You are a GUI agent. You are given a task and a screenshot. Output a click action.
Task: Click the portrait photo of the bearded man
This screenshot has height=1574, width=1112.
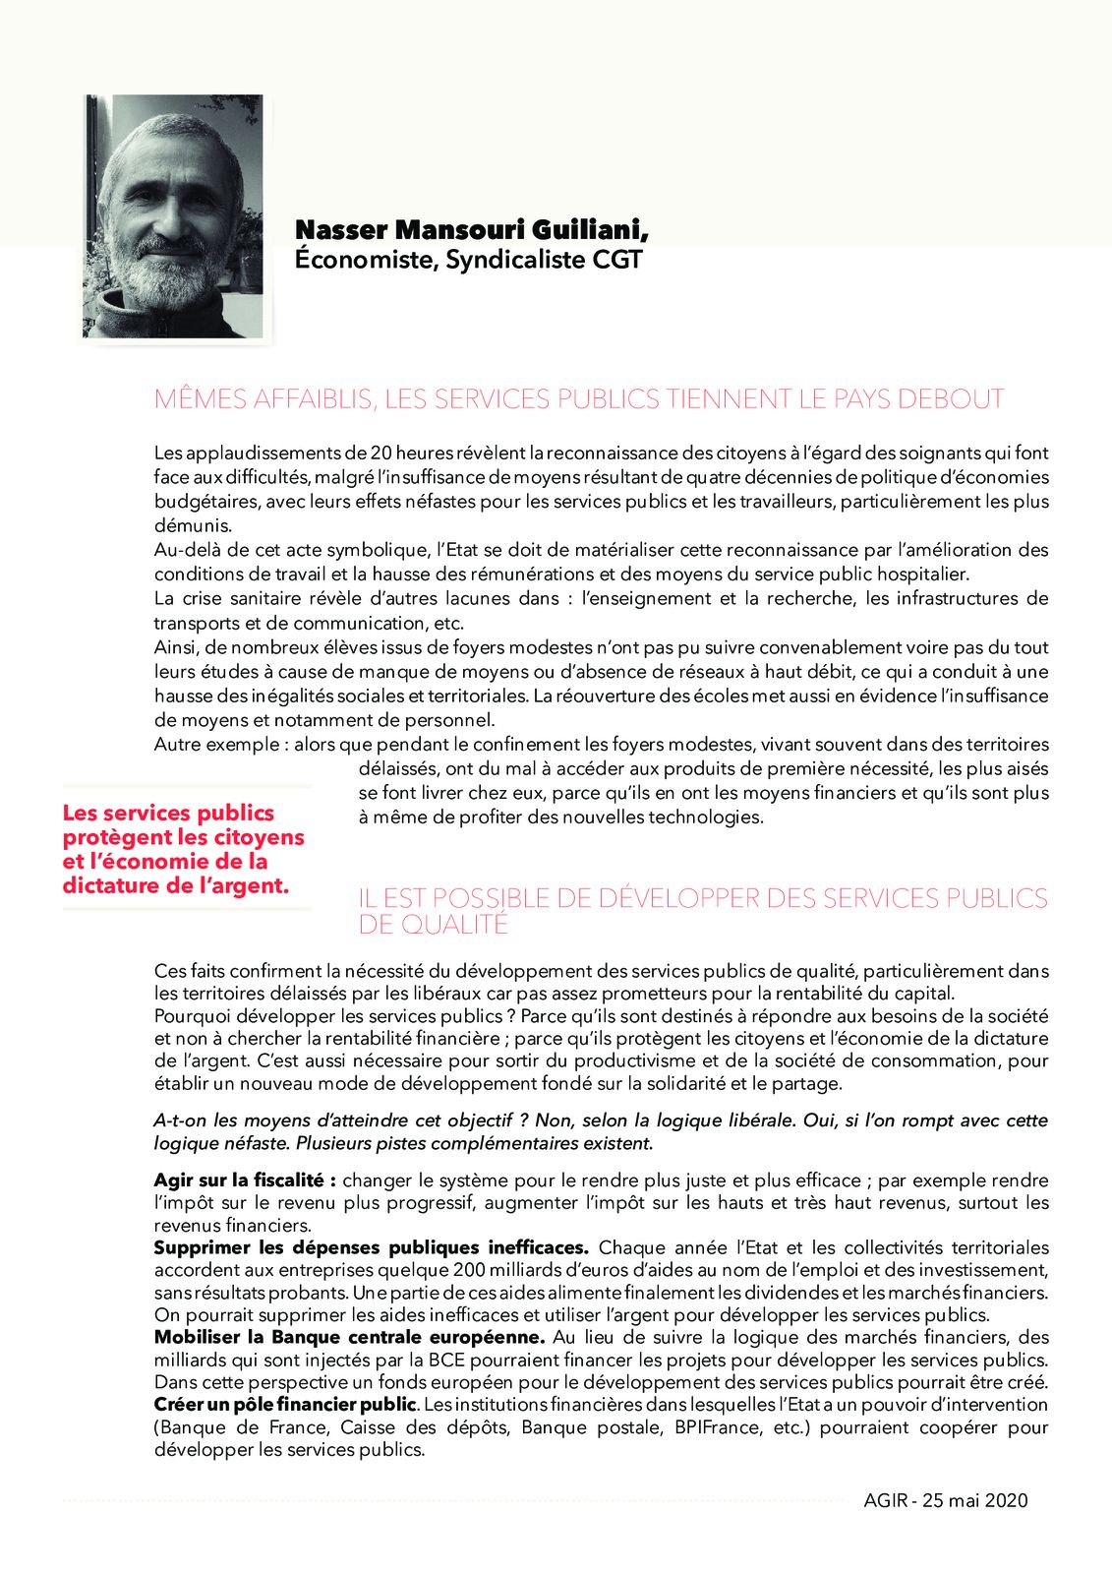174,216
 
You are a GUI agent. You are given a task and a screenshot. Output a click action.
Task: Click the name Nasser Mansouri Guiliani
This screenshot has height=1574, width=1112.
471,230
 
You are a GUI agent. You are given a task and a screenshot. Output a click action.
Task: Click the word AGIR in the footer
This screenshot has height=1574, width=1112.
885,1500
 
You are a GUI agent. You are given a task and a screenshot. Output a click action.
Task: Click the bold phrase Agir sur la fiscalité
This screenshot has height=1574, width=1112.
245,1180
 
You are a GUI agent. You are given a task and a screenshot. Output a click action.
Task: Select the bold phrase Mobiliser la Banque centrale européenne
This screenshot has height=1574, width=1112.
349,1337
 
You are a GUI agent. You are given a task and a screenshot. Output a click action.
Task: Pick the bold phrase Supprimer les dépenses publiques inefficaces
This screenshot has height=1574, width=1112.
371,1247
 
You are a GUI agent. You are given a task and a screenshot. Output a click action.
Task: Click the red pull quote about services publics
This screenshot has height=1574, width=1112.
183,849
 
